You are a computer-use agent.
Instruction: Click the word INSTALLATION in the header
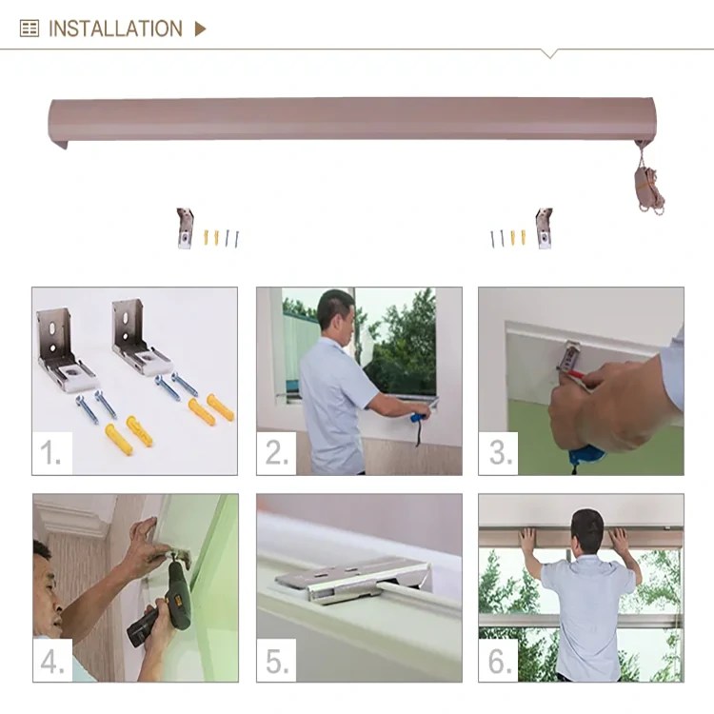click(x=114, y=29)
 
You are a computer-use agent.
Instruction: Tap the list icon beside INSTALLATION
click(x=30, y=29)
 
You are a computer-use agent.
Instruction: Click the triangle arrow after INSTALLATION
click(x=200, y=29)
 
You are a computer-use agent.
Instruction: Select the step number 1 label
click(x=51, y=454)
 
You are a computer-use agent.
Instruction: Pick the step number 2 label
click(x=276, y=454)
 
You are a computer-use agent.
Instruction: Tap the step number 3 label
click(x=499, y=454)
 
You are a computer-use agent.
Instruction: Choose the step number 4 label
click(x=52, y=661)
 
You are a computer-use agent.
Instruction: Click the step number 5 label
click(x=276, y=661)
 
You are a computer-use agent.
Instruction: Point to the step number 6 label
click(x=499, y=661)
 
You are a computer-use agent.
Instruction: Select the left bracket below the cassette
click(x=184, y=228)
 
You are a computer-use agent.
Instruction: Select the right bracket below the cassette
click(x=544, y=228)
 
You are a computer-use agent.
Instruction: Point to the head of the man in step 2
click(x=336, y=312)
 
